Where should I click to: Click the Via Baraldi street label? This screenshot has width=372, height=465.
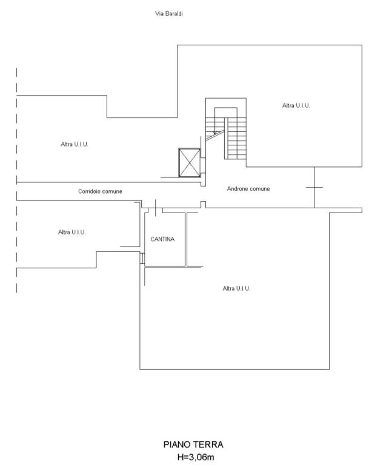pyautogui.click(x=169, y=14)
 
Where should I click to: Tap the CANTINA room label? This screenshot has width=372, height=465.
pyautogui.click(x=162, y=239)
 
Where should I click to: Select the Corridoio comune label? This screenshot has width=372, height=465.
pyautogui.click(x=100, y=191)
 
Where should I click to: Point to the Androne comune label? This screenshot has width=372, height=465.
pyautogui.click(x=248, y=189)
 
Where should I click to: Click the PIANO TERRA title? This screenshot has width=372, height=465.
pyautogui.click(x=193, y=444)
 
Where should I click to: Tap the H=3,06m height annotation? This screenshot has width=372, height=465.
pyautogui.click(x=196, y=457)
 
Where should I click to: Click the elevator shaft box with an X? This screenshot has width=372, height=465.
pyautogui.click(x=190, y=163)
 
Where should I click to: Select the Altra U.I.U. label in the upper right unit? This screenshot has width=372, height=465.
pyautogui.click(x=296, y=105)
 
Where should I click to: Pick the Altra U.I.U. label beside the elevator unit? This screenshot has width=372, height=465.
pyautogui.click(x=74, y=145)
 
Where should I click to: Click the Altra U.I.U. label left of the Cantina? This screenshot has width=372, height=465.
pyautogui.click(x=71, y=232)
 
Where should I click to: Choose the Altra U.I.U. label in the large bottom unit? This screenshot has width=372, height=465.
pyautogui.click(x=236, y=289)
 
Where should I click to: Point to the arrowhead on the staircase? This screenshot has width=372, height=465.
pyautogui.click(x=215, y=133)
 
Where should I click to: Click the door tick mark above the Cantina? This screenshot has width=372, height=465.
pyautogui.click(x=156, y=208)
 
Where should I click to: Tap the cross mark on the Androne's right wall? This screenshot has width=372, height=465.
pyautogui.click(x=314, y=188)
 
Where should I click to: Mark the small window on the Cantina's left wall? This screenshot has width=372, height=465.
pyautogui.click(x=142, y=259)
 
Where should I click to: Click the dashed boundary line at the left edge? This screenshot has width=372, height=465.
pyautogui.click(x=16, y=180)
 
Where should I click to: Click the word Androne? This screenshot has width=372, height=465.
pyautogui.click(x=237, y=189)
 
